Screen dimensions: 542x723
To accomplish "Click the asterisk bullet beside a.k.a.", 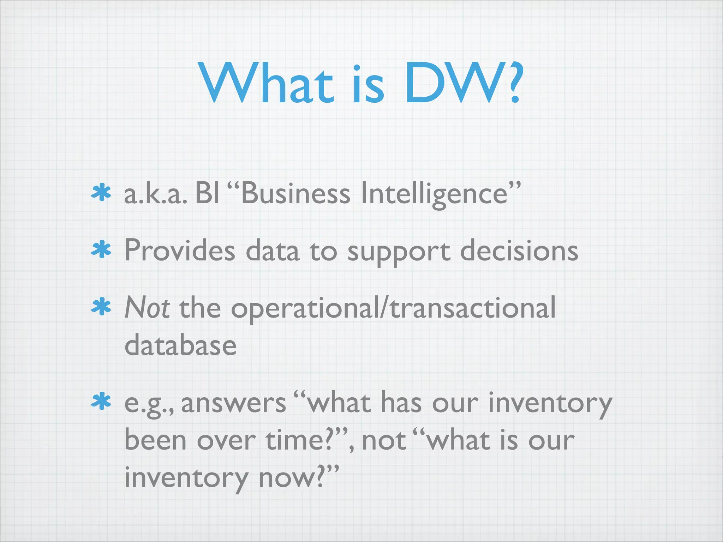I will pyautogui.click(x=101, y=193).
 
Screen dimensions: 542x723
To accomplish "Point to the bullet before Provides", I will pyautogui.click(x=101, y=250).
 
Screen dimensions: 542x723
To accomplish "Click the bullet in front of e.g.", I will pyautogui.click(x=101, y=402).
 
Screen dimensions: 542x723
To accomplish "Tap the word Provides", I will pyautogui.click(x=179, y=251).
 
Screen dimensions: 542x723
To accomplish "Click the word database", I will pyautogui.click(x=180, y=345).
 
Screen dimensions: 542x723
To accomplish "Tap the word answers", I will pyautogui.click(x=233, y=403).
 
